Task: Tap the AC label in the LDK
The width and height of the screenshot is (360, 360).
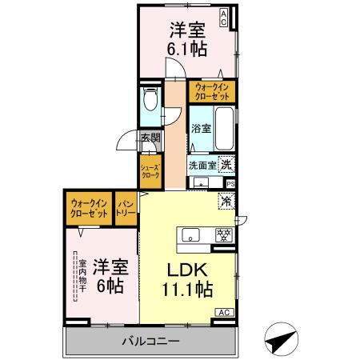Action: coord(225,312)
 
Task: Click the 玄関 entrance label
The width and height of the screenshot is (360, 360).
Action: coord(151,138)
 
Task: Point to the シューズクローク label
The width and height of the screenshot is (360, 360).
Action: coord(150,170)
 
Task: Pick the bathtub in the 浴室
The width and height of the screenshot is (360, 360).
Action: coord(224,126)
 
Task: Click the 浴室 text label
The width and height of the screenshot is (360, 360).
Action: coord(202,129)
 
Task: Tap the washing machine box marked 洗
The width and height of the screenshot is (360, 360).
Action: coord(226,164)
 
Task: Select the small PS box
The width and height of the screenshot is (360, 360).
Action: coord(230,183)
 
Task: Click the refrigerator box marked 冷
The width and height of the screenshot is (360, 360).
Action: coord(226,202)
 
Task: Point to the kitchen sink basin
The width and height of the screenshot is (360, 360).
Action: coord(192,234)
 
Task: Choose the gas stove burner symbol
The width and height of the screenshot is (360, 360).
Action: coord(225,234)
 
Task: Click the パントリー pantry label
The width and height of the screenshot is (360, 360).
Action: coord(126,209)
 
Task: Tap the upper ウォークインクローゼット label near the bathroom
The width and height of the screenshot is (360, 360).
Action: coord(212,92)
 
